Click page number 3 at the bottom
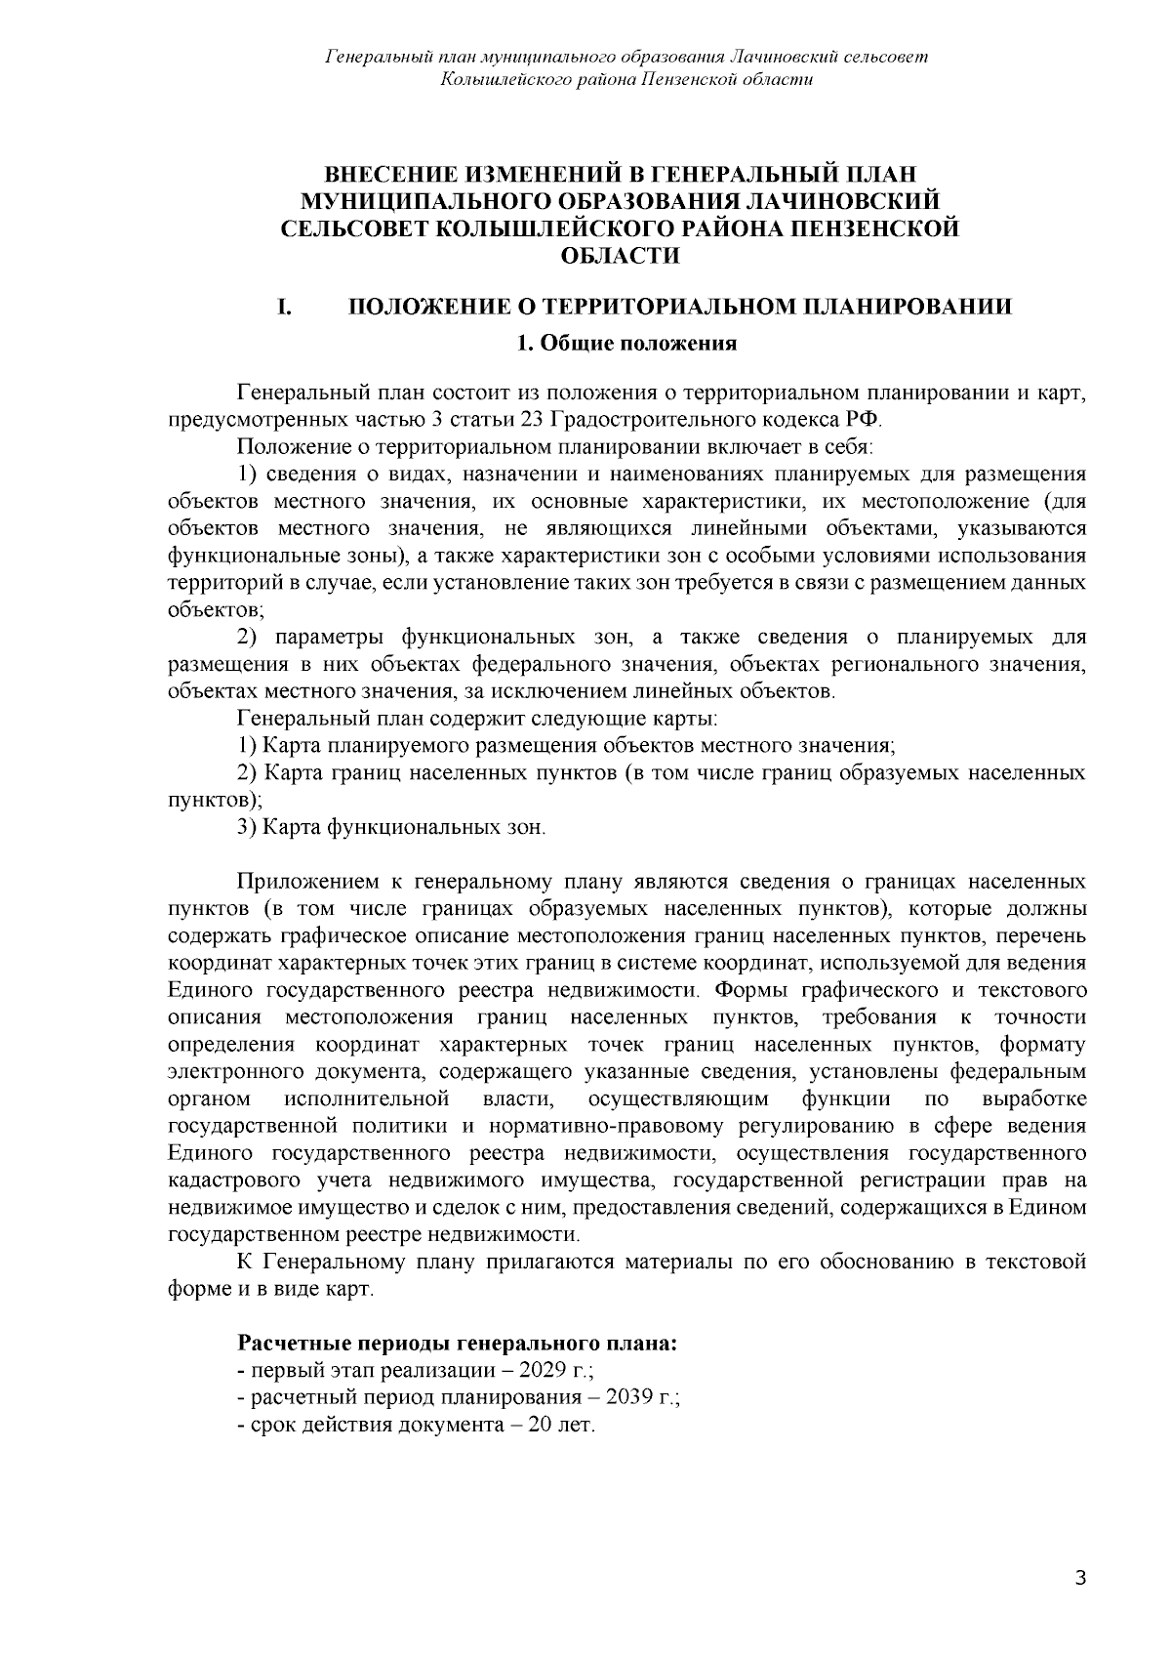[x=1079, y=1579]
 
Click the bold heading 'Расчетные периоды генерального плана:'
[x=458, y=1343]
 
